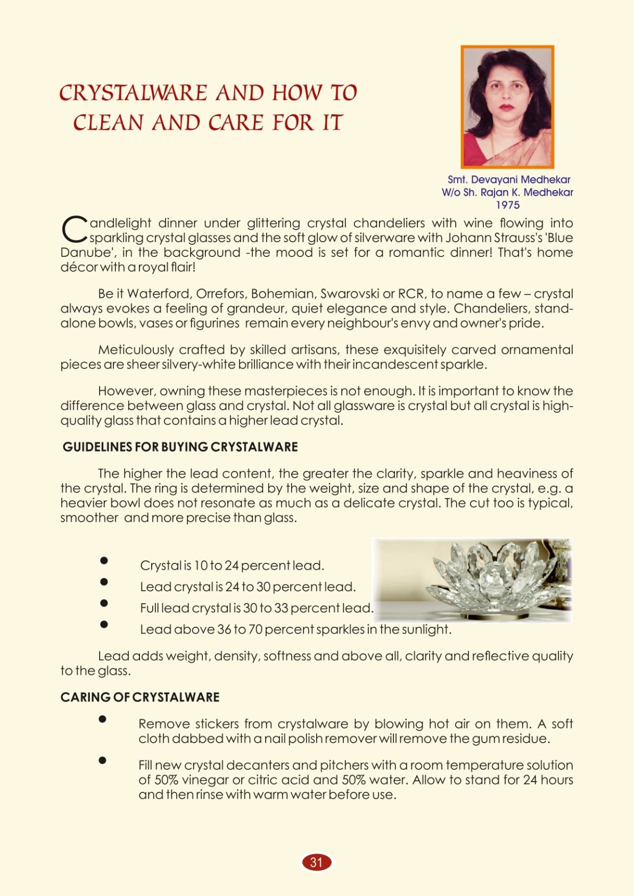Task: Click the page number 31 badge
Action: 317,862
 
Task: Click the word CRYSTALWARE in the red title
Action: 133,93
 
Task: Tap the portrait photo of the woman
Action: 507,106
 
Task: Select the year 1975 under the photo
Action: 507,205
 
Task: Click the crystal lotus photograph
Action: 472,579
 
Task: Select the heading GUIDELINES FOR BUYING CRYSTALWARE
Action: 180,447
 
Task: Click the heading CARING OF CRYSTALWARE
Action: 140,697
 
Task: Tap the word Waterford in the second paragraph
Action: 159,294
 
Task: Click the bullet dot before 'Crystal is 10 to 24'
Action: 104,560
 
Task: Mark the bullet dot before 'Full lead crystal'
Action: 104,603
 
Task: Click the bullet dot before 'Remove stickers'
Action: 103,719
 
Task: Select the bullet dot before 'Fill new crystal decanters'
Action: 103,760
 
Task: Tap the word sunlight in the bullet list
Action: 425,629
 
